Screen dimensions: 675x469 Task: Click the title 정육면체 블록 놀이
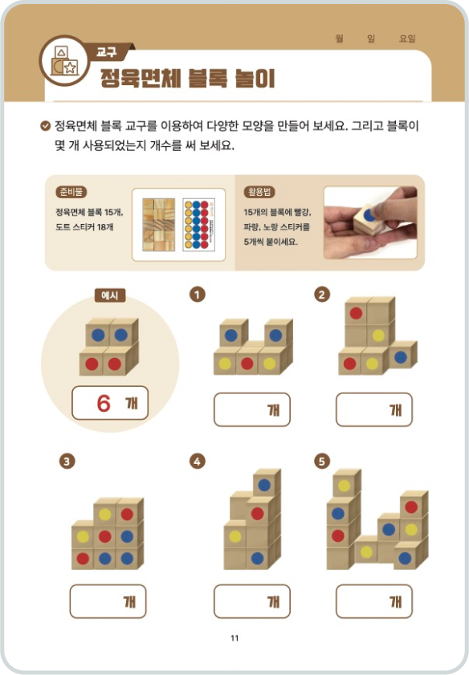tap(186, 79)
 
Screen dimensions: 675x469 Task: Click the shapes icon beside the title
tap(63, 61)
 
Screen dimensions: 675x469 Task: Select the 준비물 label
tap(71, 192)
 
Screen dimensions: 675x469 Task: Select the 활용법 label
tap(259, 192)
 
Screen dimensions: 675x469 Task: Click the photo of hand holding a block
tap(369, 222)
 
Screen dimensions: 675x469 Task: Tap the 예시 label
tap(109, 295)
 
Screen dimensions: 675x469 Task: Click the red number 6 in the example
tap(103, 404)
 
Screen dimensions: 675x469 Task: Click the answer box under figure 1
tap(251, 409)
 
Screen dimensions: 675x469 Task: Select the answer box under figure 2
tap(373, 409)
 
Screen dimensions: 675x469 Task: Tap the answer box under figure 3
tap(108, 601)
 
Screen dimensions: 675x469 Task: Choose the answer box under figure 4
tap(251, 601)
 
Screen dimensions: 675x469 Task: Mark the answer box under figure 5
tap(373, 601)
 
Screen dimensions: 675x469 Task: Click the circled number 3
tap(67, 461)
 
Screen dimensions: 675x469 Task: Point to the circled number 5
tap(322, 461)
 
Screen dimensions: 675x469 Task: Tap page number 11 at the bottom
tap(234, 638)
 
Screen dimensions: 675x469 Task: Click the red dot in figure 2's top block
tap(356, 313)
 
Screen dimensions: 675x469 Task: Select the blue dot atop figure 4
tap(263, 485)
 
